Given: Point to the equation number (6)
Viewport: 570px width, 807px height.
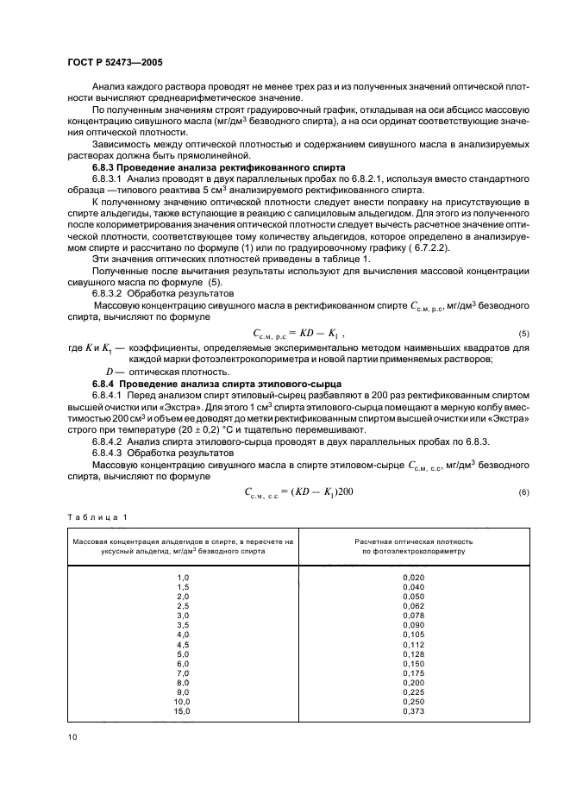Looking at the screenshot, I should pyautogui.click(x=523, y=491).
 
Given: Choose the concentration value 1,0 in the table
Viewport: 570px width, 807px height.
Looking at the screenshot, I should pyautogui.click(x=183, y=577).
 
